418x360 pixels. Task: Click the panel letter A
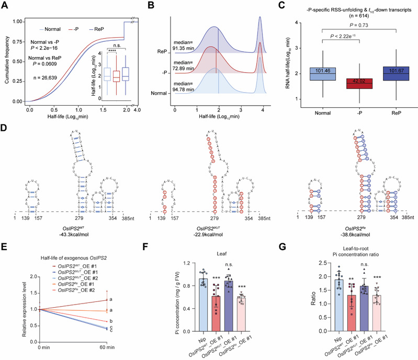(x=4, y=5)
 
